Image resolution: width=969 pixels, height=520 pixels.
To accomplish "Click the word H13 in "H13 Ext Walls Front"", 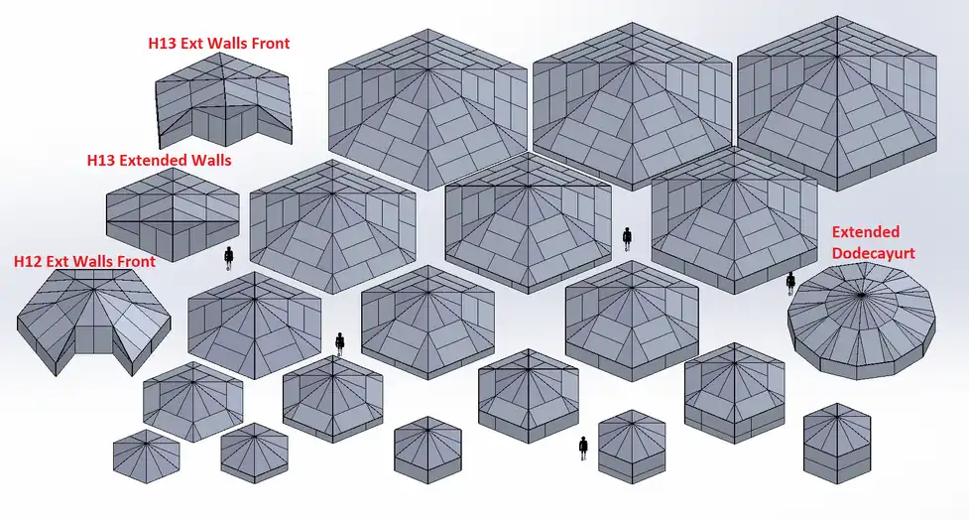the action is pos(162,44).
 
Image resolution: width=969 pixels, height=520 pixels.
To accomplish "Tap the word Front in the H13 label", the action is pos(270,44).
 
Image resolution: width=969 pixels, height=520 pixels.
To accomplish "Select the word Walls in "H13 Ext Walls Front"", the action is pos(227,44).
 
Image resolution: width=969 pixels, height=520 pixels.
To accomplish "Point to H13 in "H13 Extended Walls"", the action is pos(101,160).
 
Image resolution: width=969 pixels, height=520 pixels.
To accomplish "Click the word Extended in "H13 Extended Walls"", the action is pos(154,160).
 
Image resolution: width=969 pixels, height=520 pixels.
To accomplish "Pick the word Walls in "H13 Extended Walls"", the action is pos(211,160).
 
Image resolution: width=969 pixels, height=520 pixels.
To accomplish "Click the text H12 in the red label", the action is pos(28,262).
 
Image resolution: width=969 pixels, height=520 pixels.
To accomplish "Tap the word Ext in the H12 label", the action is pos(59,262).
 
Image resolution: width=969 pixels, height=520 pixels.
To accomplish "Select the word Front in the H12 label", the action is pos(135,262).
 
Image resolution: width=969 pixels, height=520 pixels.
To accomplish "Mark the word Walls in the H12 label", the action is pos(92,262).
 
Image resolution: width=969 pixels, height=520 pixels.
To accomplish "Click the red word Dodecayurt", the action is pos(873,253).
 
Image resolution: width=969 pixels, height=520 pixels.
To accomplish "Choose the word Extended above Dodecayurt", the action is pos(866,232).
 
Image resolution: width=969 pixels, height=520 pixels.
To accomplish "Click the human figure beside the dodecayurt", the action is pos(790,284).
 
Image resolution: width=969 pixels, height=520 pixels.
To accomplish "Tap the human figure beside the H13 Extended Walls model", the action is pos(229,258).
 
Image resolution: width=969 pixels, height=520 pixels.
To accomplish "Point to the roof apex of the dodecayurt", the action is pos(861,295).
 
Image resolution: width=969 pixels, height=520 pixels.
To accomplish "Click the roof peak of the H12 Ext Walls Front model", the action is pos(94,289).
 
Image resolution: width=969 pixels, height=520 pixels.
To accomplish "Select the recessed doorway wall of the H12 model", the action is pos(94,340).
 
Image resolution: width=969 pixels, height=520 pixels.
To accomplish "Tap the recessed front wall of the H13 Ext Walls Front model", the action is pos(222,124).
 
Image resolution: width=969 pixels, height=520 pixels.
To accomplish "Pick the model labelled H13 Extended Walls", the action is pos(173,214).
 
